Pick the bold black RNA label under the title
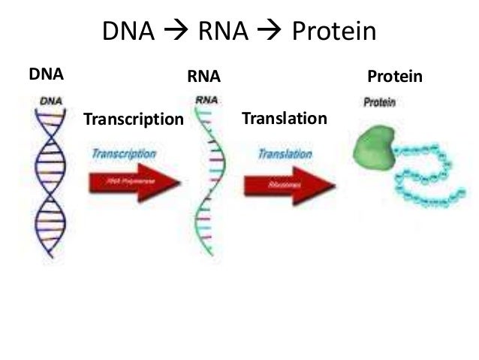203,76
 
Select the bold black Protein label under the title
395,76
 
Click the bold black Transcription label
133,119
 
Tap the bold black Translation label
284,118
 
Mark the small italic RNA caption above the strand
204,99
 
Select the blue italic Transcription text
123,153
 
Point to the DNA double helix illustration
50,180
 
